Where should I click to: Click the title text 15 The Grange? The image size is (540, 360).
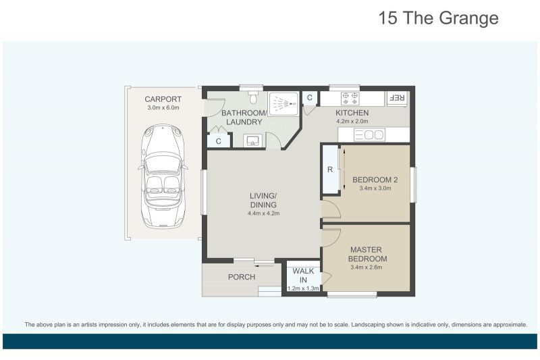pyautogui.click(x=439, y=18)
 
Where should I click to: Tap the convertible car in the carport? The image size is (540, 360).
pyautogui.click(x=163, y=176)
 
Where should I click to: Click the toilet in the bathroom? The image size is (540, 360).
pyautogui.click(x=252, y=99)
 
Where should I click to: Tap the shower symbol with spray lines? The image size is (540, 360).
pyautogui.click(x=283, y=104)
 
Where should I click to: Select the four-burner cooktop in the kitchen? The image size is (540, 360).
pyautogui.click(x=350, y=98)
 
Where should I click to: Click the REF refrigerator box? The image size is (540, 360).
pyautogui.click(x=397, y=98)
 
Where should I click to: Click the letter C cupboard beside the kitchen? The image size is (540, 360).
pyautogui.click(x=310, y=99)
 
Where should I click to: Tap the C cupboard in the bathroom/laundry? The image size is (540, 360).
pyautogui.click(x=218, y=141)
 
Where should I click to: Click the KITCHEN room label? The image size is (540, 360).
pyautogui.click(x=352, y=113)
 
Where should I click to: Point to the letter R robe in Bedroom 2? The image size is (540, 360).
pyautogui.click(x=330, y=170)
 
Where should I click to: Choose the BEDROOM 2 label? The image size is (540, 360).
pyautogui.click(x=375, y=180)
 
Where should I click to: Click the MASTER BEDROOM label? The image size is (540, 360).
pyautogui.click(x=367, y=253)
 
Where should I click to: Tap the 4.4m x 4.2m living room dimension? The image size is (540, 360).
pyautogui.click(x=263, y=213)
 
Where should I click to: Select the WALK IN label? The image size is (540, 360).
pyautogui.click(x=303, y=276)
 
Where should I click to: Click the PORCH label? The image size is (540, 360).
pyautogui.click(x=241, y=277)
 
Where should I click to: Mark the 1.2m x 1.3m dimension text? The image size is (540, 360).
pyautogui.click(x=303, y=288)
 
